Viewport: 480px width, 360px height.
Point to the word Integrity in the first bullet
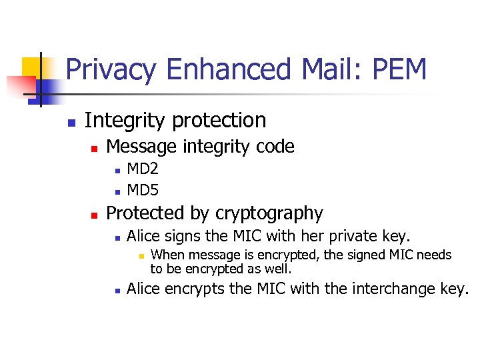point(125,121)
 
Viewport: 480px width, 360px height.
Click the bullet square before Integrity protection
point(70,123)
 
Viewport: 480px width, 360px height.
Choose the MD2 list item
point(142,169)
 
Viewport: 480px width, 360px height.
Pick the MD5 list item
point(142,191)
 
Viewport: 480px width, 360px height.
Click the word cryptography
point(269,214)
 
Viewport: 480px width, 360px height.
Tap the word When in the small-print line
point(166,255)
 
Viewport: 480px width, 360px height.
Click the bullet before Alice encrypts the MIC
point(116,291)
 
